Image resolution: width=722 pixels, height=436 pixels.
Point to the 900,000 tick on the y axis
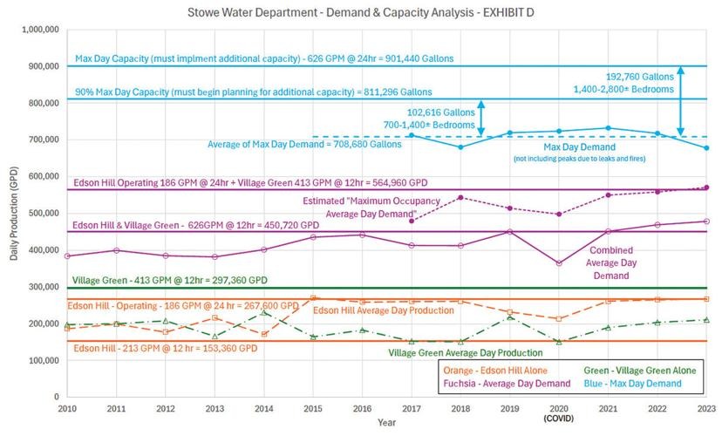pyautogui.click(x=39, y=66)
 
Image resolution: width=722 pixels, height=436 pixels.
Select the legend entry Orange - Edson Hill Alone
pyautogui.click(x=489, y=371)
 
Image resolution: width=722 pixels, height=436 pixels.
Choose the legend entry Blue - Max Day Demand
pyautogui.click(x=646, y=383)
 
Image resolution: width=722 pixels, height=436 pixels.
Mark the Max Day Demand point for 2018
pyautogui.click(x=460, y=146)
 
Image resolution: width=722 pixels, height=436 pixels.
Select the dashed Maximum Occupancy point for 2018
pyautogui.click(x=460, y=197)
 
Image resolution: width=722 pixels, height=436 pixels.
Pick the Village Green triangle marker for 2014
pyautogui.click(x=264, y=312)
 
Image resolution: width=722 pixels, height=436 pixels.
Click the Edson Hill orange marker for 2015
pyautogui.click(x=313, y=298)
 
